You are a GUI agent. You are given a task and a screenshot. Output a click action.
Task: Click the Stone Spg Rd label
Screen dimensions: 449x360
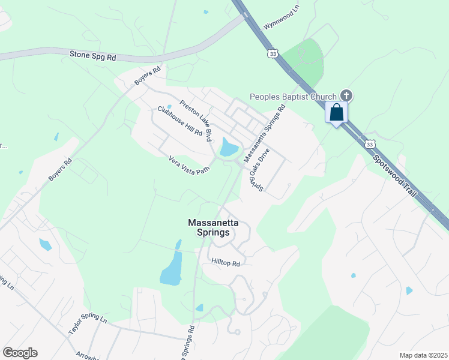pyautogui.click(x=92, y=56)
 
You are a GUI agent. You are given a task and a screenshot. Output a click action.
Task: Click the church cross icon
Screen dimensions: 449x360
pyautogui.click(x=346, y=95)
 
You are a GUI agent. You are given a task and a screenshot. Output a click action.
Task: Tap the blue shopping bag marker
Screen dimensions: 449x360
pyautogui.click(x=336, y=112)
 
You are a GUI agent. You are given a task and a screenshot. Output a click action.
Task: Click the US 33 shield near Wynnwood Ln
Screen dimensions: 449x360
pyautogui.click(x=273, y=53)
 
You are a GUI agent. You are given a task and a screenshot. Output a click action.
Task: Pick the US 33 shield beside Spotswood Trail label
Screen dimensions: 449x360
pyautogui.click(x=370, y=144)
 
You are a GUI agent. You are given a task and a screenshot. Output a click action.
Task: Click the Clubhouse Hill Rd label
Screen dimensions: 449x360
pyautogui.click(x=180, y=122)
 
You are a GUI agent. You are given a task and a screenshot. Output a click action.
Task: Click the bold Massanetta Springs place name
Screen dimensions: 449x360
pyautogui.click(x=213, y=227)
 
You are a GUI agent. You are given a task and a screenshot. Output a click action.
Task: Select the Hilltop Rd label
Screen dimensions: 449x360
pyautogui.click(x=226, y=263)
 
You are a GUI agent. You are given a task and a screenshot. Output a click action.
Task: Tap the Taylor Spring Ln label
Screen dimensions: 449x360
pyautogui.click(x=87, y=326)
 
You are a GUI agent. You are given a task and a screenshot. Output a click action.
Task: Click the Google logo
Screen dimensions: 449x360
pyautogui.click(x=20, y=353)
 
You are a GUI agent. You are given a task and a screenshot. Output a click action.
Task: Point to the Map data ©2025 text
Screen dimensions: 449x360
pyautogui.click(x=423, y=355)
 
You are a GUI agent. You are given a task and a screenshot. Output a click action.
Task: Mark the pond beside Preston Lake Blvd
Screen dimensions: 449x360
pyautogui.click(x=229, y=148)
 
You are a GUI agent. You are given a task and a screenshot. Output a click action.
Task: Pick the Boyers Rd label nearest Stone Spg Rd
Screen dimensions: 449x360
pyautogui.click(x=148, y=76)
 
